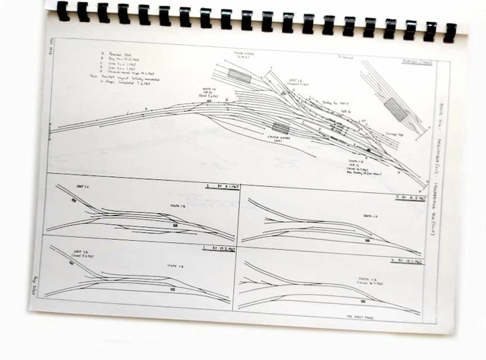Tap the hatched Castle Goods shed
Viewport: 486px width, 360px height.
[281, 128]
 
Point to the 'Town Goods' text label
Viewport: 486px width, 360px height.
[244, 55]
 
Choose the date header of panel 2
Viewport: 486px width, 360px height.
[216, 248]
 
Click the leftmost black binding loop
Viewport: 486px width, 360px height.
[62, 11]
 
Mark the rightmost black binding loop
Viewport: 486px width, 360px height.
[450, 30]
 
